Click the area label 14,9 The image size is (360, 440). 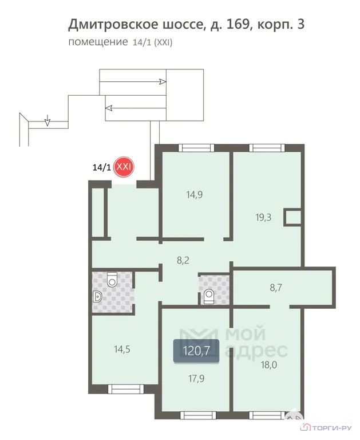pos(194,194)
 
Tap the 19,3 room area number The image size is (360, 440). pos(263,217)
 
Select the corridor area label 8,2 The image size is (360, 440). pos(183,261)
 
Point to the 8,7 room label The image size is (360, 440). pos(276,288)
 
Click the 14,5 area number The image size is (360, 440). pos(122,349)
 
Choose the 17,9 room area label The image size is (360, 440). pos(196,379)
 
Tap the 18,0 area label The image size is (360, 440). pos(269,365)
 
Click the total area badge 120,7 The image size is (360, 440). pos(196,351)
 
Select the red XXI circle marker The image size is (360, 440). pos(124,167)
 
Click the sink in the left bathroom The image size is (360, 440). pos(97,297)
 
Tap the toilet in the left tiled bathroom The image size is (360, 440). pos(112,279)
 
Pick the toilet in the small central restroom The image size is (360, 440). pos(208,296)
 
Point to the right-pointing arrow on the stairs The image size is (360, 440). pos(133,82)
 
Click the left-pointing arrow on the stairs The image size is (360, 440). pos(136,108)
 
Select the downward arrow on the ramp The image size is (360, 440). pos(48,120)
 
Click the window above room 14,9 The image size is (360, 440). pos(196,148)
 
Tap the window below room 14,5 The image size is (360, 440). pos(125,389)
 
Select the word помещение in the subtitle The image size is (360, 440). pos(98,42)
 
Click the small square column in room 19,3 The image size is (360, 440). pos(292,217)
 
